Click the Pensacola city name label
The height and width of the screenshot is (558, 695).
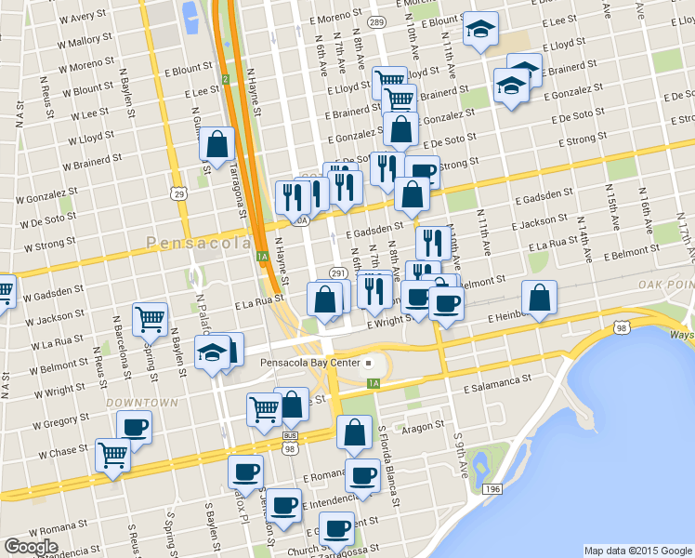pyautogui.click(x=198, y=243)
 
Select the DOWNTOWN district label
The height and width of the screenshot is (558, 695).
pyautogui.click(x=141, y=403)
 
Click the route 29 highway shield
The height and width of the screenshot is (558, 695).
pyautogui.click(x=177, y=193)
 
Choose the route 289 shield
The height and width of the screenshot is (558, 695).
pyautogui.click(x=375, y=21)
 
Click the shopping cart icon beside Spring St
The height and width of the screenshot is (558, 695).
pyautogui.click(x=150, y=320)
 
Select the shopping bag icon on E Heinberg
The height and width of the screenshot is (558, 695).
pyautogui.click(x=539, y=298)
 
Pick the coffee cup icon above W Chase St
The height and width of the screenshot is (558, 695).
pyautogui.click(x=134, y=428)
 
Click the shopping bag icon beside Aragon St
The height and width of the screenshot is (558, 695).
pyautogui.click(x=354, y=432)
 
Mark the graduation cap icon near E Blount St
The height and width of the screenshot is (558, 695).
pyautogui.click(x=480, y=29)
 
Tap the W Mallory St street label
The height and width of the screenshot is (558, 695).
pyautogui.click(x=85, y=41)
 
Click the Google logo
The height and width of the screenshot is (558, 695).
pyautogui.click(x=31, y=547)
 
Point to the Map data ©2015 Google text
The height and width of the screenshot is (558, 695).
pyautogui.click(x=636, y=551)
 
